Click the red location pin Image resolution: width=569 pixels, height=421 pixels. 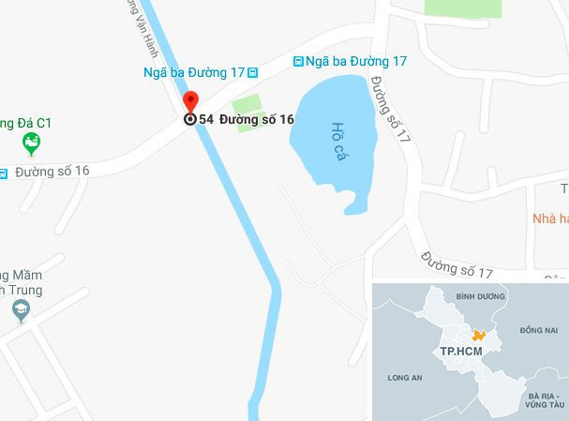pos(190,101)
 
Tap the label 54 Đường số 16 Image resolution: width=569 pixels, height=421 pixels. pos(247,119)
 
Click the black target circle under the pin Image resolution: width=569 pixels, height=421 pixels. pos(190,119)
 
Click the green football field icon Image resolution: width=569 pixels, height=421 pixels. pos(32,143)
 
